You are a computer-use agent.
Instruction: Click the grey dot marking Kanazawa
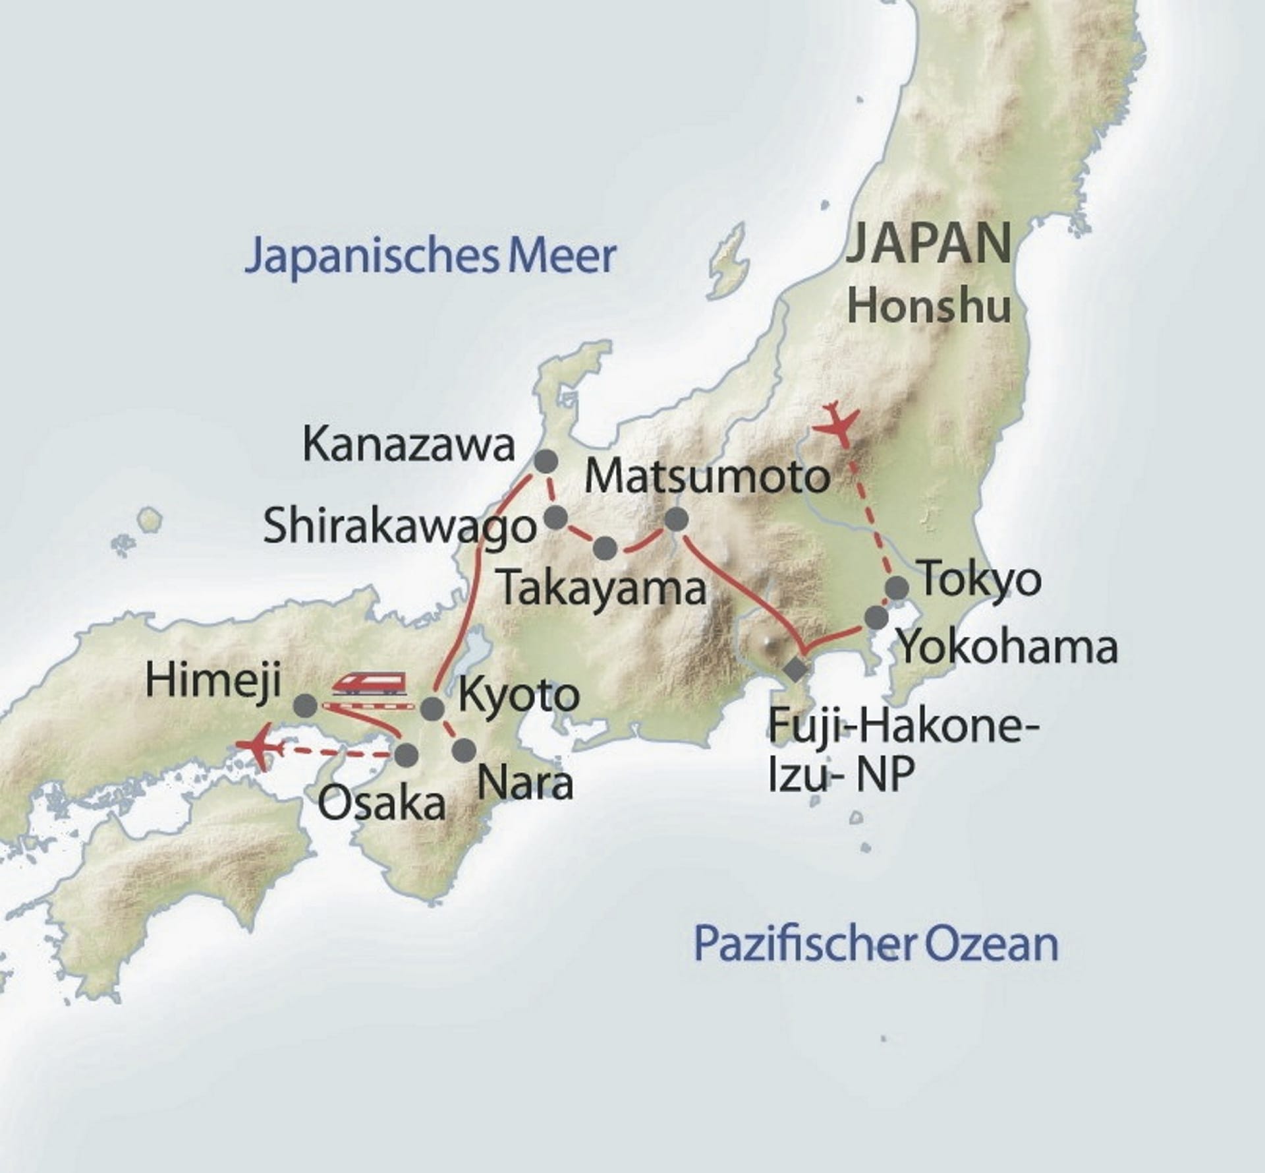[x=545, y=462]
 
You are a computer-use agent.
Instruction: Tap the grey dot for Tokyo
[x=897, y=587]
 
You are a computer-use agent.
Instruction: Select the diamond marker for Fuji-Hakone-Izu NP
[x=797, y=669]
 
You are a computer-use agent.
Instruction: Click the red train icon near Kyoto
[x=369, y=682]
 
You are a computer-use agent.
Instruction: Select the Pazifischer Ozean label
[x=876, y=944]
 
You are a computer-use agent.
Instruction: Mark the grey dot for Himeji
[x=305, y=706]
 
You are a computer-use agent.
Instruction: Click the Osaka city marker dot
[x=406, y=754]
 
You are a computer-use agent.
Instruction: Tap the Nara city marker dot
[x=464, y=750]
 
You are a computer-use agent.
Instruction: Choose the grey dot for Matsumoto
[x=676, y=520]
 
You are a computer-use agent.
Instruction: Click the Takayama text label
[x=602, y=589]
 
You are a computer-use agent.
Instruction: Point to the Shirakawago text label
[x=400, y=528]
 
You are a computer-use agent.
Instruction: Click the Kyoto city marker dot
[x=432, y=709]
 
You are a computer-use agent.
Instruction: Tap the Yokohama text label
[x=1007, y=649]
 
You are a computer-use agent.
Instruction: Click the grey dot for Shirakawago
[x=557, y=518]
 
